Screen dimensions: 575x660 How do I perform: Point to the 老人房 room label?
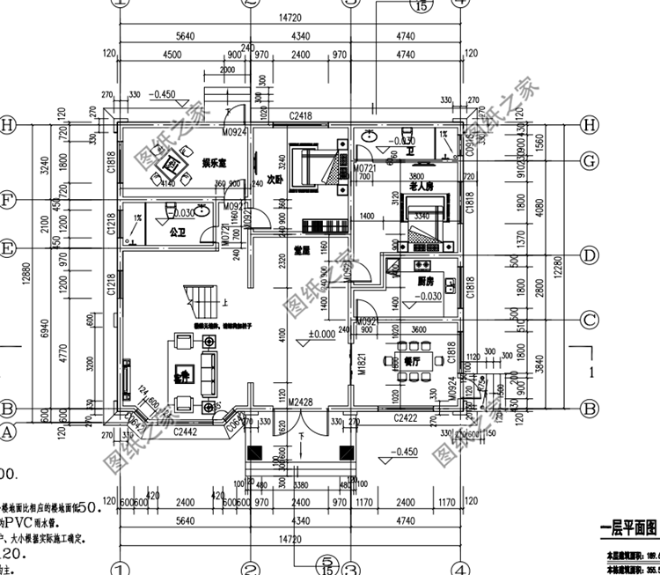tap(422, 188)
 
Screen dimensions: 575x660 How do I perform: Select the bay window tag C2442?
tap(185, 431)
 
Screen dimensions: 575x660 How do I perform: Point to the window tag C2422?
tap(406, 418)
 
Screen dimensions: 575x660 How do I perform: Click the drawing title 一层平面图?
tap(628, 527)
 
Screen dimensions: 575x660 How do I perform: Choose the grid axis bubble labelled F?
tap(8, 201)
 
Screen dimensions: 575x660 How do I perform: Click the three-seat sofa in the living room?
tap(209, 373)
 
